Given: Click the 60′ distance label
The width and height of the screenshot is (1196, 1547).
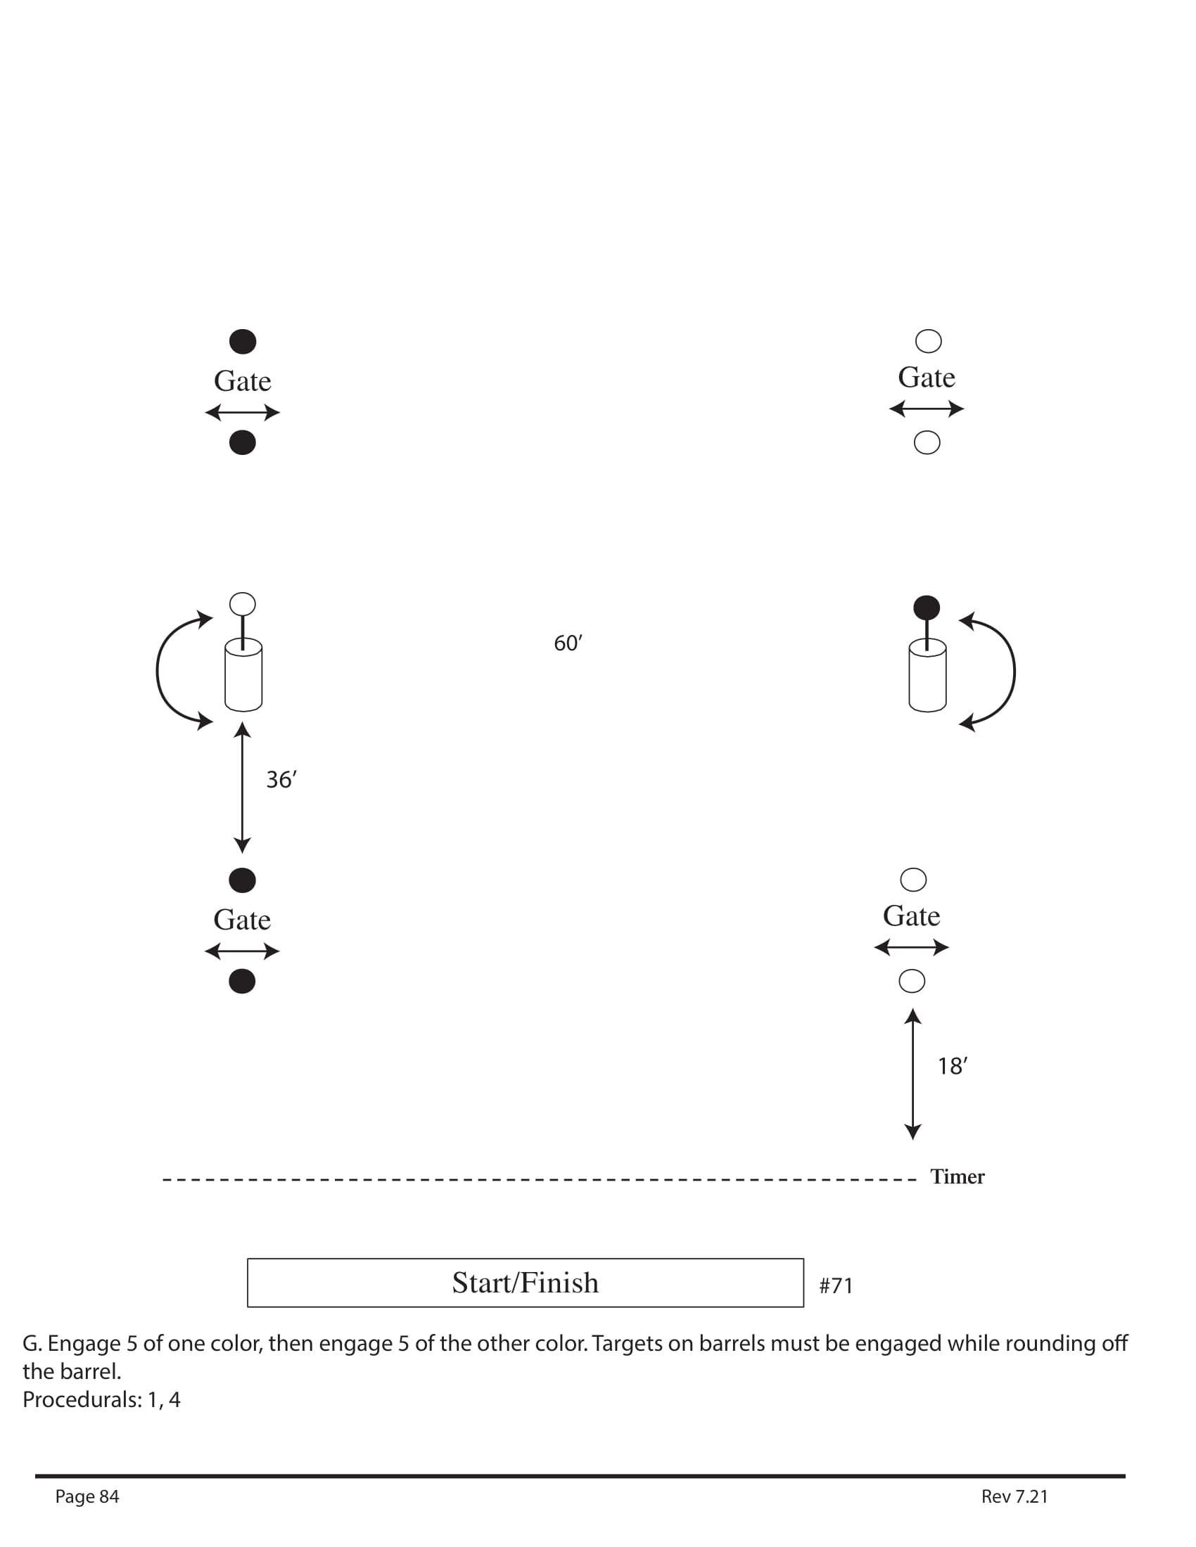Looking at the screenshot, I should (x=568, y=643).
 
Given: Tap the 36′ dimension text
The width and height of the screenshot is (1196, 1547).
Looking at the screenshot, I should (x=281, y=780).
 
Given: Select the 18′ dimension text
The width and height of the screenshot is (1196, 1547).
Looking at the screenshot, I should (x=953, y=1066).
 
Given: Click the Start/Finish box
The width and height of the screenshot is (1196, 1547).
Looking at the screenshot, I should (x=525, y=1283).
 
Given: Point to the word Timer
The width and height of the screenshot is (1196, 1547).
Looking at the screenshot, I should (x=958, y=1176).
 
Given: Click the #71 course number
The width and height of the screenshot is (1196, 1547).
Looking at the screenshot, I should (x=836, y=1285).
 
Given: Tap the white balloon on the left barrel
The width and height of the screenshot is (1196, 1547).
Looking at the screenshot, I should (x=242, y=604).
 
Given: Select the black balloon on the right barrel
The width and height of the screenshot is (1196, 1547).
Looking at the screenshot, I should (x=927, y=608).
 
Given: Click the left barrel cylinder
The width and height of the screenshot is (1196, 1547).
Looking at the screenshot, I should (x=243, y=676).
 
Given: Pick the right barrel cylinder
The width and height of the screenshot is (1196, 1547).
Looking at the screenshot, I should (x=927, y=676).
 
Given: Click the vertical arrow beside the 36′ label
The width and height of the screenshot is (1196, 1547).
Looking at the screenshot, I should (x=242, y=787).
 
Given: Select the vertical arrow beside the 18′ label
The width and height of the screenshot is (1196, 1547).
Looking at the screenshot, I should (x=912, y=1074).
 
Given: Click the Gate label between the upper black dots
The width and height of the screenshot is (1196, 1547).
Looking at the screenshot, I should (x=242, y=381).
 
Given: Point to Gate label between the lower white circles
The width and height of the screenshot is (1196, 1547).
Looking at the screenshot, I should (x=911, y=916).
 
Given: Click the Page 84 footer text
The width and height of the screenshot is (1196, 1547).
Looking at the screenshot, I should (x=87, y=1496).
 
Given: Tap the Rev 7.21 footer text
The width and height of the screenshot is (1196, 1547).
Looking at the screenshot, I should (x=1014, y=1496).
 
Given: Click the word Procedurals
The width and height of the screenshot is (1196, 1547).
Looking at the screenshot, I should (x=82, y=1399).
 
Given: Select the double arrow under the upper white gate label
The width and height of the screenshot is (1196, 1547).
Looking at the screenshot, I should (x=926, y=409).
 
